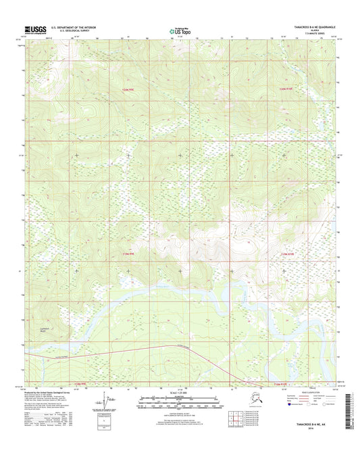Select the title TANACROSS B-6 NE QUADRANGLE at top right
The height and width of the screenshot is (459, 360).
click(x=308, y=27)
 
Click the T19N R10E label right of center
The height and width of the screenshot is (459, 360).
click(x=289, y=253)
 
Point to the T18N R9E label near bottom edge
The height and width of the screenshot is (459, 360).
click(x=80, y=383)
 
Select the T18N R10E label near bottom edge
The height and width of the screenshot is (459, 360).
click(x=284, y=383)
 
